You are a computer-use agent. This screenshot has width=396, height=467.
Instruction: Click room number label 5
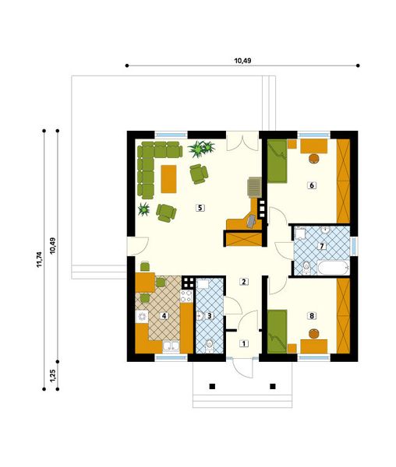tap(200, 207)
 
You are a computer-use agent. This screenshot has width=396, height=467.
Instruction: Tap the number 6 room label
tap(312, 185)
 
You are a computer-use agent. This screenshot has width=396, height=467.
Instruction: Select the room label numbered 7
tap(321, 246)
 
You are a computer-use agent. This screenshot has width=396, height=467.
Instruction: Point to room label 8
tap(312, 315)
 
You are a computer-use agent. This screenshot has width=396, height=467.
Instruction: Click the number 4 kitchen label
tap(164, 315)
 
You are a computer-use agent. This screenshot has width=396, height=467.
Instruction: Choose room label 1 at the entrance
tap(244, 344)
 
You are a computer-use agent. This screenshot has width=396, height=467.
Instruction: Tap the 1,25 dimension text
tap(53, 376)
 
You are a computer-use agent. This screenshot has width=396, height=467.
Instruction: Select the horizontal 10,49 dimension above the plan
tap(242, 61)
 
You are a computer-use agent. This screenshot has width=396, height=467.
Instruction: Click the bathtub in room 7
tap(334, 269)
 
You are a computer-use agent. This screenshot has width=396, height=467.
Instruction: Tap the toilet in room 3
tap(210, 345)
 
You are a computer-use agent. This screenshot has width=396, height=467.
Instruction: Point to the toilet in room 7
tap(306, 267)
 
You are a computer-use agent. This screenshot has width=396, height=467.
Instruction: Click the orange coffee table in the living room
tap(168, 179)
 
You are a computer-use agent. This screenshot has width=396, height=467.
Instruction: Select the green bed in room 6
tap(277, 161)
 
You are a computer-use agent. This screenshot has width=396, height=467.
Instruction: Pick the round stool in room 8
tap(313, 333)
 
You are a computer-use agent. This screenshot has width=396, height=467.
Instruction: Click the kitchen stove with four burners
tap(186, 296)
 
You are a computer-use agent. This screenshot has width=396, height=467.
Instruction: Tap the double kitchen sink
tap(171, 346)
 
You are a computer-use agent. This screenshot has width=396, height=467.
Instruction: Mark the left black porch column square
tap(212, 387)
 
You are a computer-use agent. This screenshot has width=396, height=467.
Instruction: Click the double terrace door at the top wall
tap(242, 142)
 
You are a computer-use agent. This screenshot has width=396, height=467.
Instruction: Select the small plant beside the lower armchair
tap(144, 209)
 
